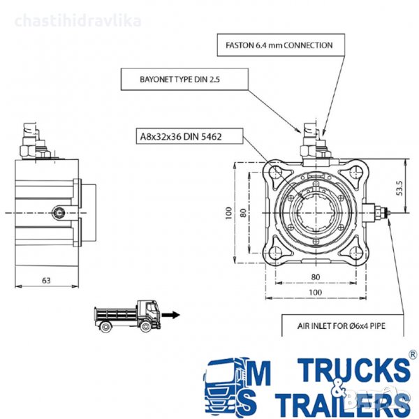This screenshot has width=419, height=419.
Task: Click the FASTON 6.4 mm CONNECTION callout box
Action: click(x=278, y=45)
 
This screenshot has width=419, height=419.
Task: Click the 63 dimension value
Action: click(x=46, y=280)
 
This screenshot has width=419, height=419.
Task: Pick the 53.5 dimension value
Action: click(x=399, y=189)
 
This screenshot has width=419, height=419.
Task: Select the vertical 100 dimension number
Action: click(x=228, y=212)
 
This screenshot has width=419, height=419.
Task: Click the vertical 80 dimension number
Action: click(x=244, y=212)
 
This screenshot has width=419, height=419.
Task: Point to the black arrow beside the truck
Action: click(x=171, y=315)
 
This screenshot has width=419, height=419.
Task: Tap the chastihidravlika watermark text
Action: click(x=77, y=20)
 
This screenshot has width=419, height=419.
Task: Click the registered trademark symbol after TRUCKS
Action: click(x=413, y=355)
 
